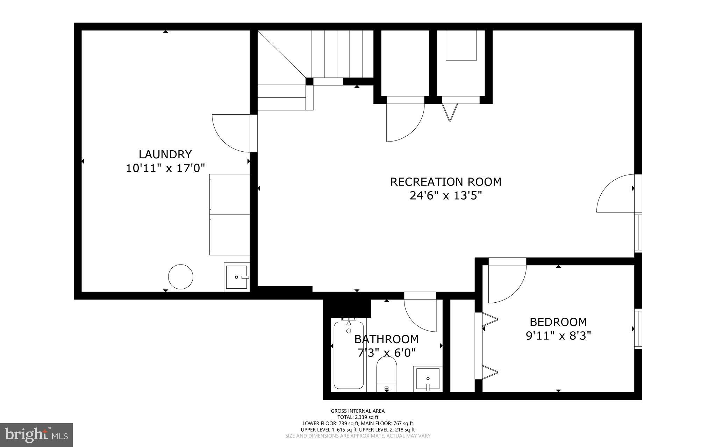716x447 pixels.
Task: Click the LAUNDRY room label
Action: coord(165,154)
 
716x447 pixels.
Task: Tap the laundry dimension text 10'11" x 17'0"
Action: coord(165,168)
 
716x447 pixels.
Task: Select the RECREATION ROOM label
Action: coord(445,182)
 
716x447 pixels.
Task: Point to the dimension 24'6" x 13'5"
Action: coord(445,196)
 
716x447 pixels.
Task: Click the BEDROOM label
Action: coord(558,322)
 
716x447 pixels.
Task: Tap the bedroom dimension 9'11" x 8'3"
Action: coord(558,336)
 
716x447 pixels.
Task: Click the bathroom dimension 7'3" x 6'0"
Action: coord(386,353)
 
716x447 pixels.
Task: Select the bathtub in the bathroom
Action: coord(348,355)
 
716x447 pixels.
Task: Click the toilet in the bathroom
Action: coord(387,376)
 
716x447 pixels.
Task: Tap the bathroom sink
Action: coord(428,379)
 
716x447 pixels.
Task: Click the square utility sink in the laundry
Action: coord(237,277)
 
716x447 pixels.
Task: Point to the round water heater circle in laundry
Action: coord(181,276)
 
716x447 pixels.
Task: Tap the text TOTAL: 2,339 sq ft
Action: coord(358,417)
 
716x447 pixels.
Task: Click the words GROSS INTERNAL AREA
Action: coord(358,411)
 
